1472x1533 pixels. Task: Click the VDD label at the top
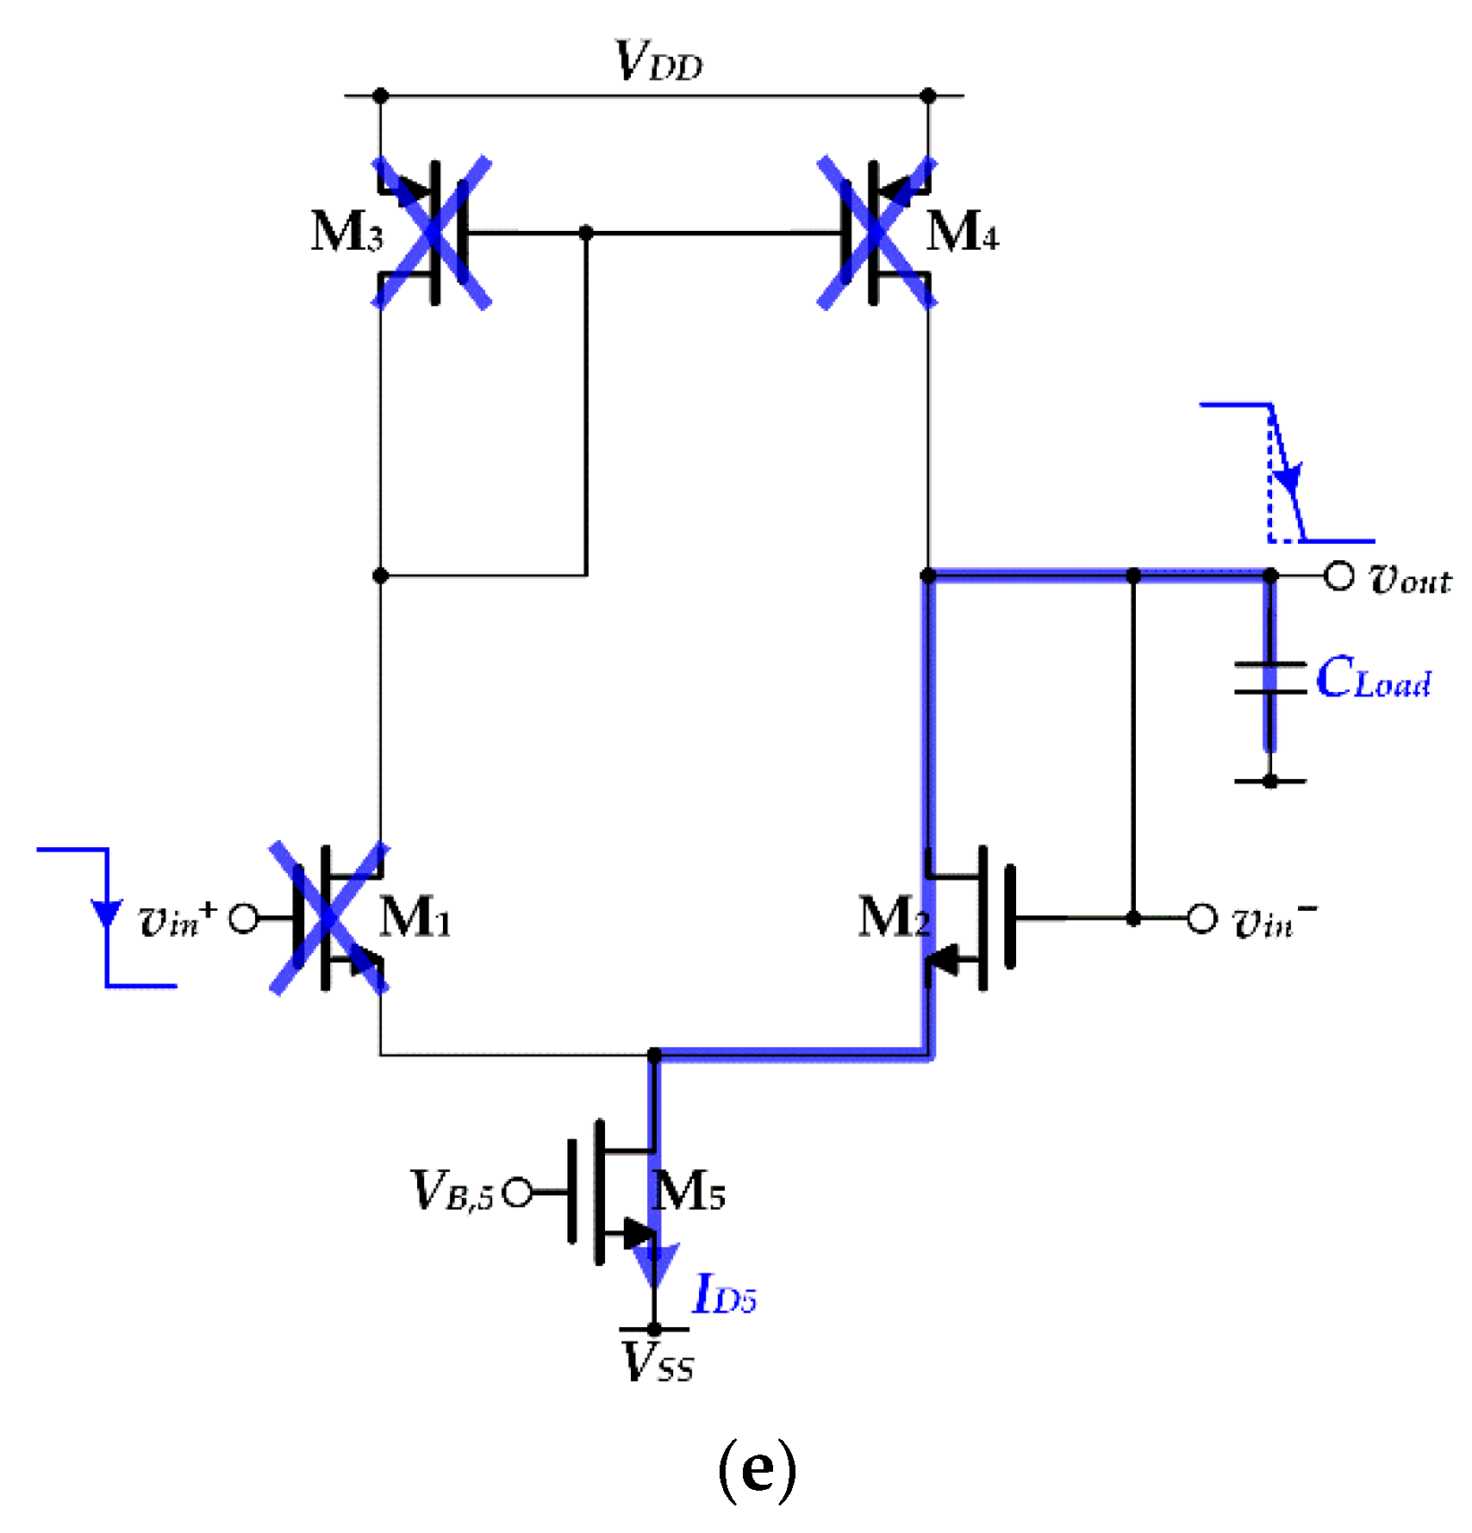tap(658, 62)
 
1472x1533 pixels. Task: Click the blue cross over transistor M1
tap(329, 918)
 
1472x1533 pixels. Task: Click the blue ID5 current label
tap(724, 1294)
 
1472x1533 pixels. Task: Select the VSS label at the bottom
tap(658, 1363)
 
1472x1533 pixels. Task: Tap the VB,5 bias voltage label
tap(452, 1191)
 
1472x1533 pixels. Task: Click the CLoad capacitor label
tap(1374, 678)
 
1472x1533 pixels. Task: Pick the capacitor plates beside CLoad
tap(1269, 678)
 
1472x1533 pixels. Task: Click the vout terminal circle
tap(1338, 575)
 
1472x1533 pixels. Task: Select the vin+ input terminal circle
tap(244, 918)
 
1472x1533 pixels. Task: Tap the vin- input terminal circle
tap(1201, 918)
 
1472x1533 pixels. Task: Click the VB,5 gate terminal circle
tap(517, 1193)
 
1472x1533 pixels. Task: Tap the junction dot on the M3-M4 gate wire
tap(586, 233)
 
